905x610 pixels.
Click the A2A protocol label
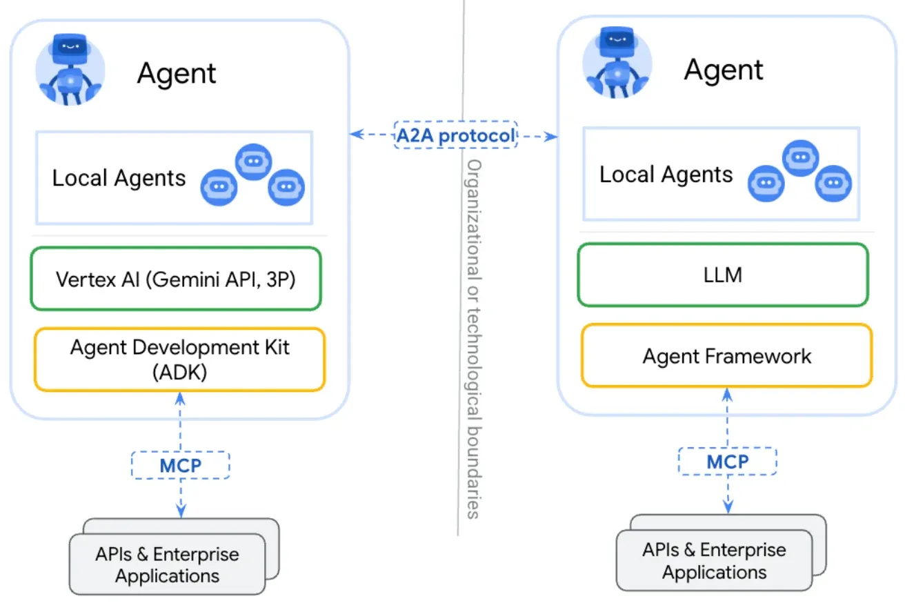pos(455,135)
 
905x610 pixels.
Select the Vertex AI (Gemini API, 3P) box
pos(176,279)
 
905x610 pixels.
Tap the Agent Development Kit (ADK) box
pos(179,359)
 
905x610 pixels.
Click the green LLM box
pos(723,275)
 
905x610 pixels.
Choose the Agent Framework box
pos(726,356)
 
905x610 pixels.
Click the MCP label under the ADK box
pos(181,465)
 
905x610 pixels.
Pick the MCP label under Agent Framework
pos(727,460)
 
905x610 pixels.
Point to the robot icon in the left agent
pos(70,69)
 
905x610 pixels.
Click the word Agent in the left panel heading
pos(177,73)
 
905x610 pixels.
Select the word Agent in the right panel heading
pos(724,70)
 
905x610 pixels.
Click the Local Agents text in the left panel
pos(119,178)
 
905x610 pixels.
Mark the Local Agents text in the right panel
pos(666,175)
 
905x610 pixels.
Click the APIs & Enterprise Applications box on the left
pos(168,564)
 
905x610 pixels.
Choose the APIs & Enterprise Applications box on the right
pos(714,560)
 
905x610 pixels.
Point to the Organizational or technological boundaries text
pos(474,338)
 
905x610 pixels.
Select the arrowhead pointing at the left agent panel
pos(355,135)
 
